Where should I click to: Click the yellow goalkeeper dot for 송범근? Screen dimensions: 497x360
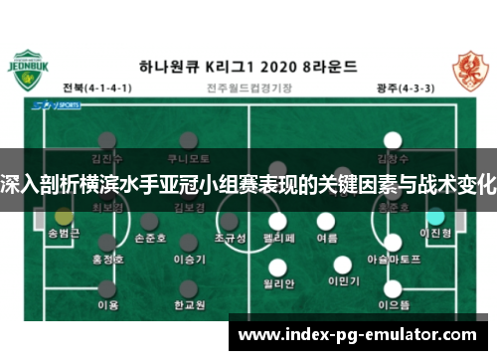(65, 215)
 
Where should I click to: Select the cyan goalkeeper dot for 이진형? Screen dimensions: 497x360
(434, 215)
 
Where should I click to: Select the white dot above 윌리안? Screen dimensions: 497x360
(279, 265)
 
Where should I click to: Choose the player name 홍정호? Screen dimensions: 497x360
(106, 258)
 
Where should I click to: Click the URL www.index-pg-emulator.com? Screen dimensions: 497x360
(359, 334)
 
